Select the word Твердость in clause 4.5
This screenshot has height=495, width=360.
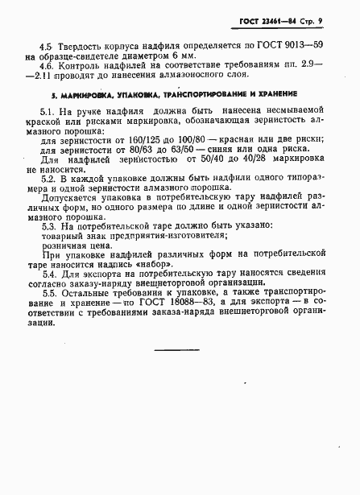78,47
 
